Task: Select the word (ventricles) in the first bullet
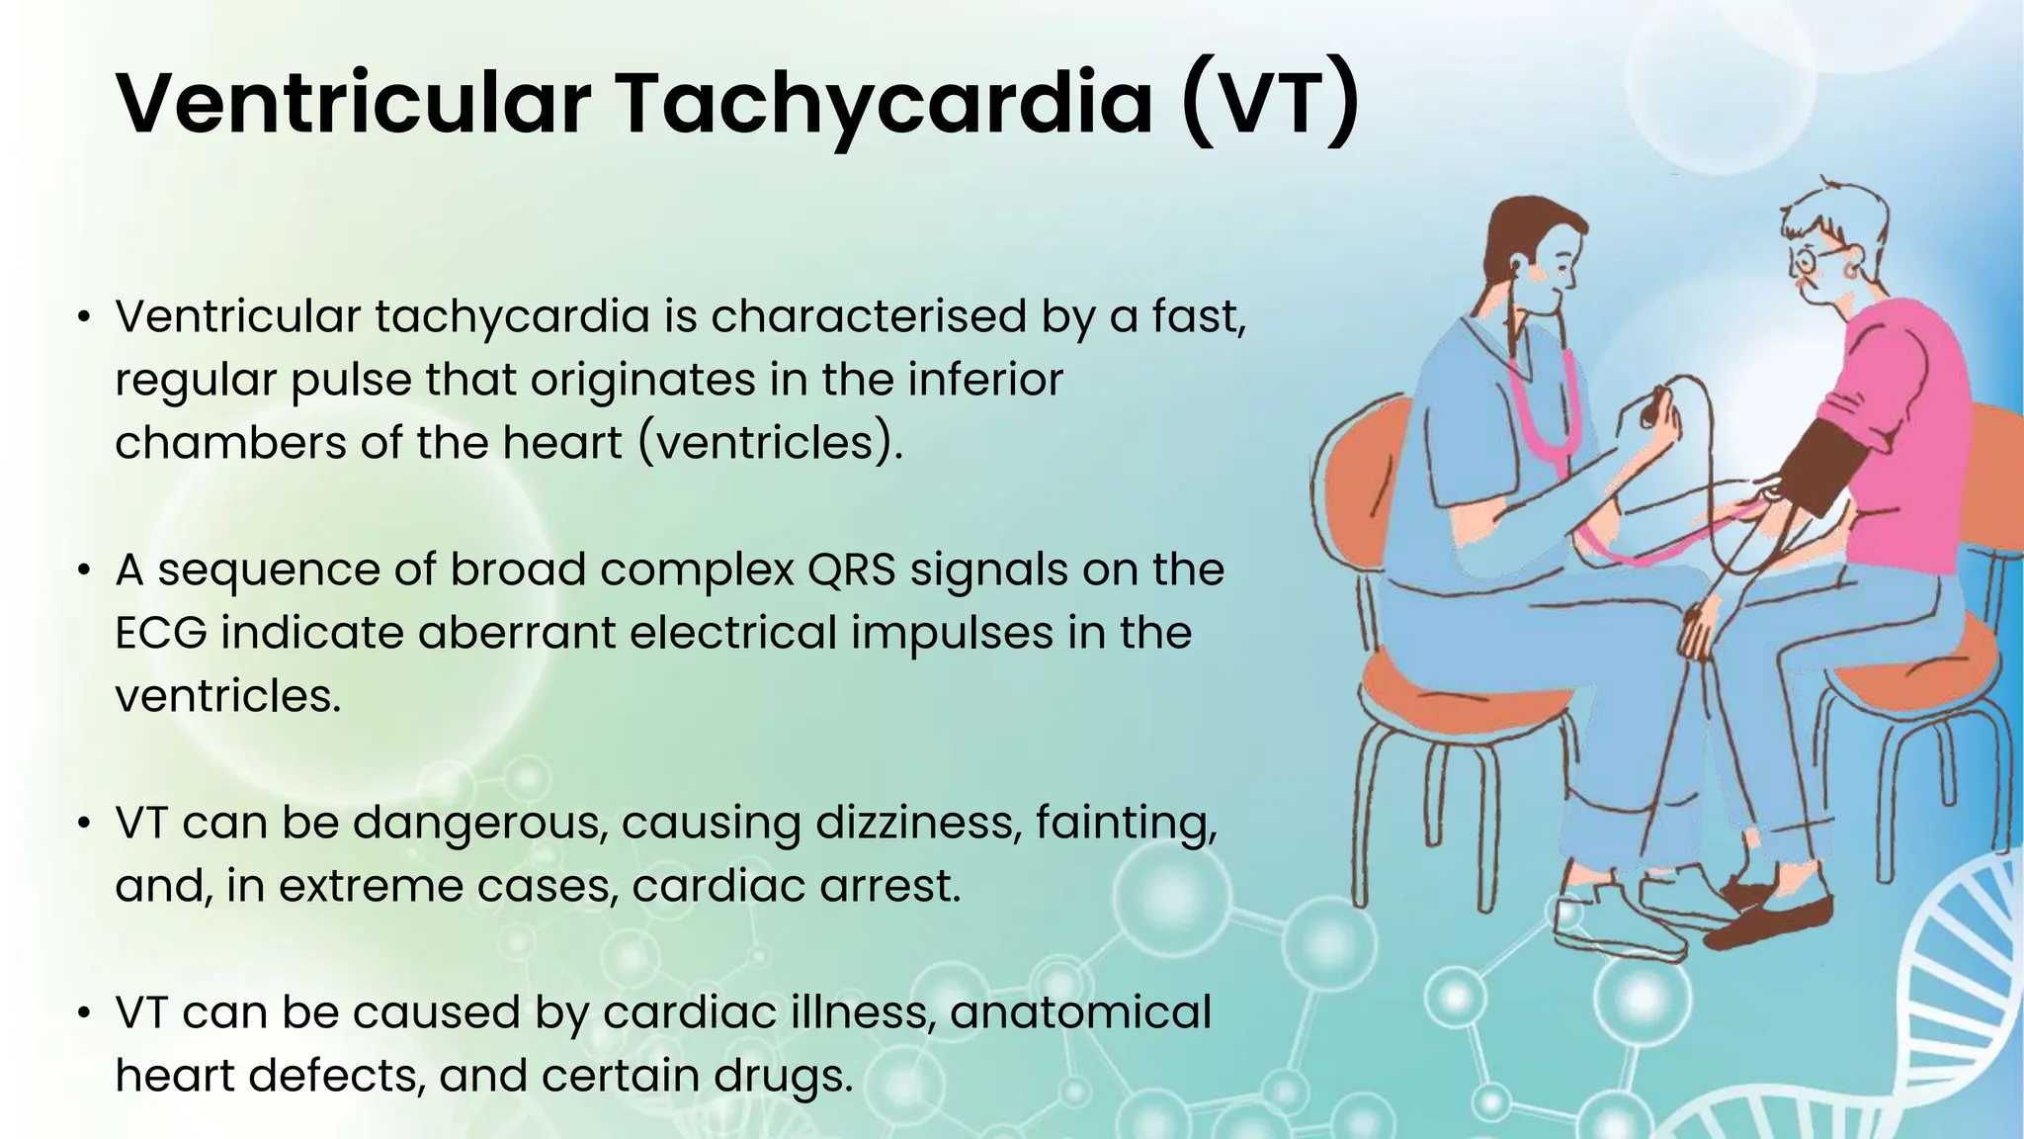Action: [x=771, y=442]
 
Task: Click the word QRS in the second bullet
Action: [x=853, y=569]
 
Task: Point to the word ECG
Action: [x=161, y=633]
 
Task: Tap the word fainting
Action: [x=1127, y=823]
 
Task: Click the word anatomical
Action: [x=1081, y=1012]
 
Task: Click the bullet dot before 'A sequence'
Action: [x=85, y=570]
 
